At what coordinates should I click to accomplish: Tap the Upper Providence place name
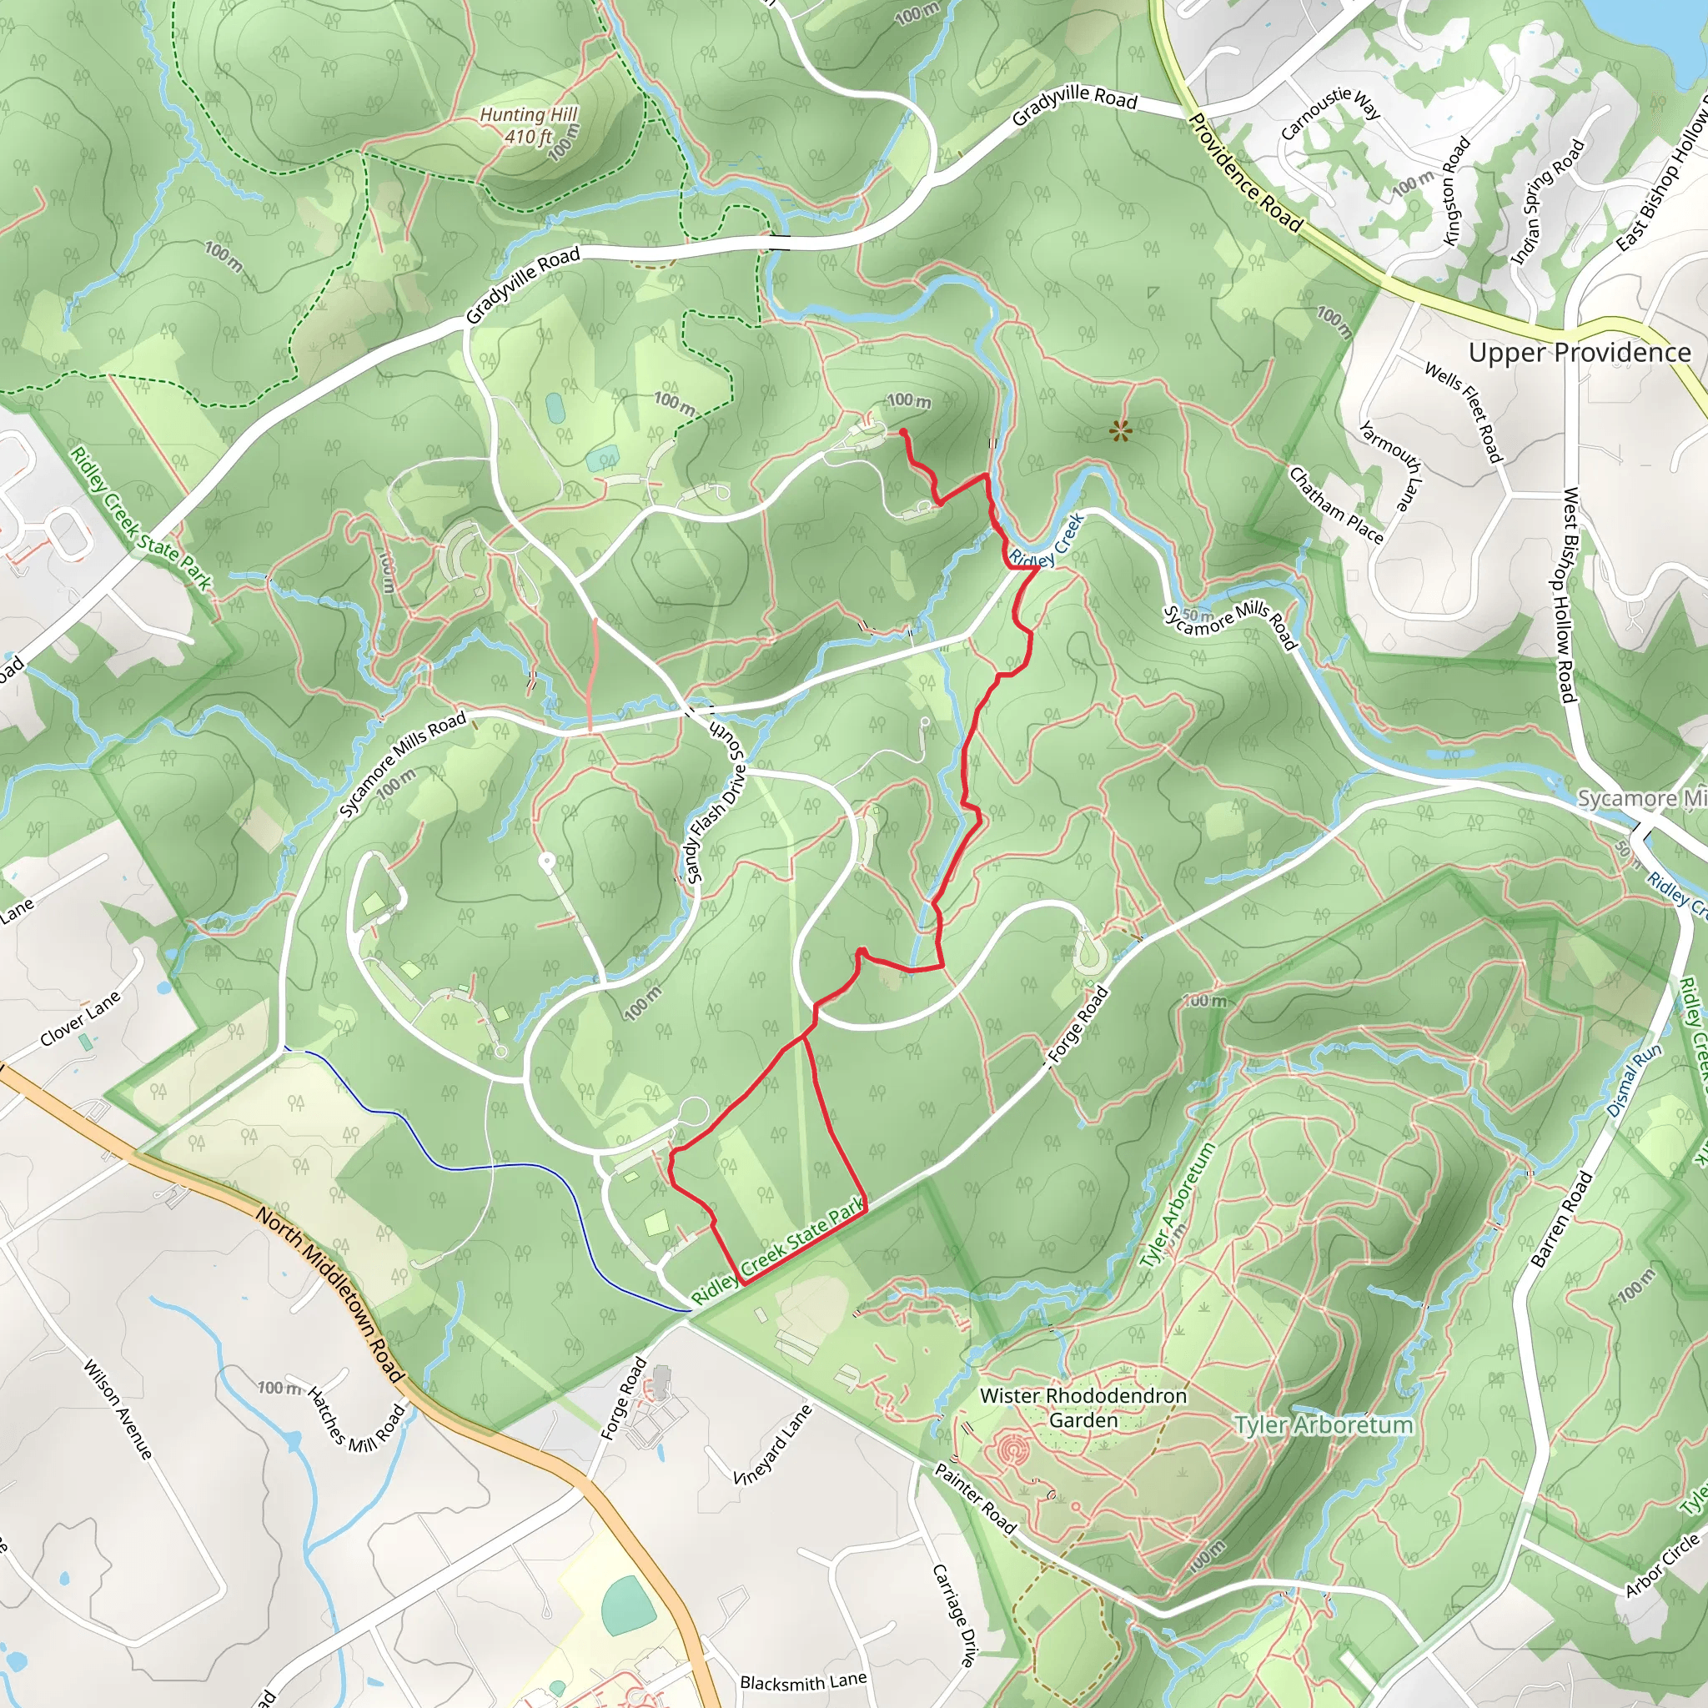pos(1579,353)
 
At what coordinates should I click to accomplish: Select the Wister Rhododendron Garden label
pos(1083,1408)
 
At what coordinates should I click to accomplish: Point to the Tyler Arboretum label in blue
pos(1324,1425)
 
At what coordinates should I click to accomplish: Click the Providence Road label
pos(1245,173)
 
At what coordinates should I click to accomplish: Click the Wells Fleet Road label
pos(1463,412)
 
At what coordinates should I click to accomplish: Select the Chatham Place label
pos(1336,505)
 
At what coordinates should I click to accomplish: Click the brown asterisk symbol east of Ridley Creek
pos(1120,431)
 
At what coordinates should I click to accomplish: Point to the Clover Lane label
pos(79,1019)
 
